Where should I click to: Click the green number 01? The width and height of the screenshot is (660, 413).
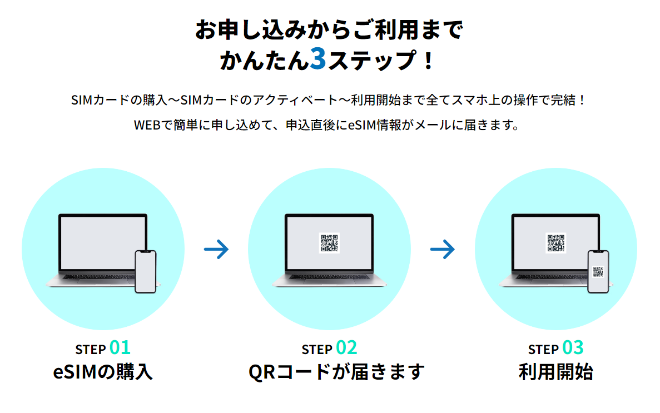tap(120, 348)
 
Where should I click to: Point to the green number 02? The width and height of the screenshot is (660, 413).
tap(346, 348)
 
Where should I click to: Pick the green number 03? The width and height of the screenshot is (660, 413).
tap(573, 348)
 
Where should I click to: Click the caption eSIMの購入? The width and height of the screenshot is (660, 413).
tap(103, 372)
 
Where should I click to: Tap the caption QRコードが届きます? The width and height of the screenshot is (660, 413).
tap(336, 372)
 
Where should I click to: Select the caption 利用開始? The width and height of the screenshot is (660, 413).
tap(555, 372)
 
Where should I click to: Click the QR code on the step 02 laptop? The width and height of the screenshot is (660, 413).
tap(329, 243)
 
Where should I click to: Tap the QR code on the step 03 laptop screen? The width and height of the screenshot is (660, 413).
tap(555, 243)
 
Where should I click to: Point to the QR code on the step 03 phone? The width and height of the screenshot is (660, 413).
tap(598, 272)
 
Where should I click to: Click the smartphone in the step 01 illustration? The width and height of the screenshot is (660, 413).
tap(146, 271)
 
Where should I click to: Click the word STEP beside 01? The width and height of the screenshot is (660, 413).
tap(91, 350)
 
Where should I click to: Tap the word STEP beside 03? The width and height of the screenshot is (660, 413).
tap(543, 350)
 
